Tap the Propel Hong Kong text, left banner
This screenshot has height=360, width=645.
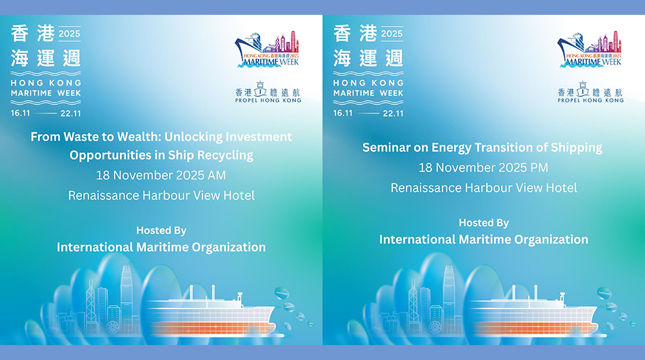point(268,100)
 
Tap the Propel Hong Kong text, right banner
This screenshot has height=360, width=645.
point(591,100)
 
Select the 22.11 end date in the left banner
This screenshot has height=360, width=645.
point(70,113)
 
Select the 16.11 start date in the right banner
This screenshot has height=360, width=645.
point(344,113)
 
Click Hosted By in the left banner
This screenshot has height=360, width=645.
point(161,230)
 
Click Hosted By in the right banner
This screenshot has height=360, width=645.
point(484,223)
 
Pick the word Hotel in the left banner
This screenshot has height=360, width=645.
point(238,195)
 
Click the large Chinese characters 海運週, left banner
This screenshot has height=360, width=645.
point(46,57)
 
